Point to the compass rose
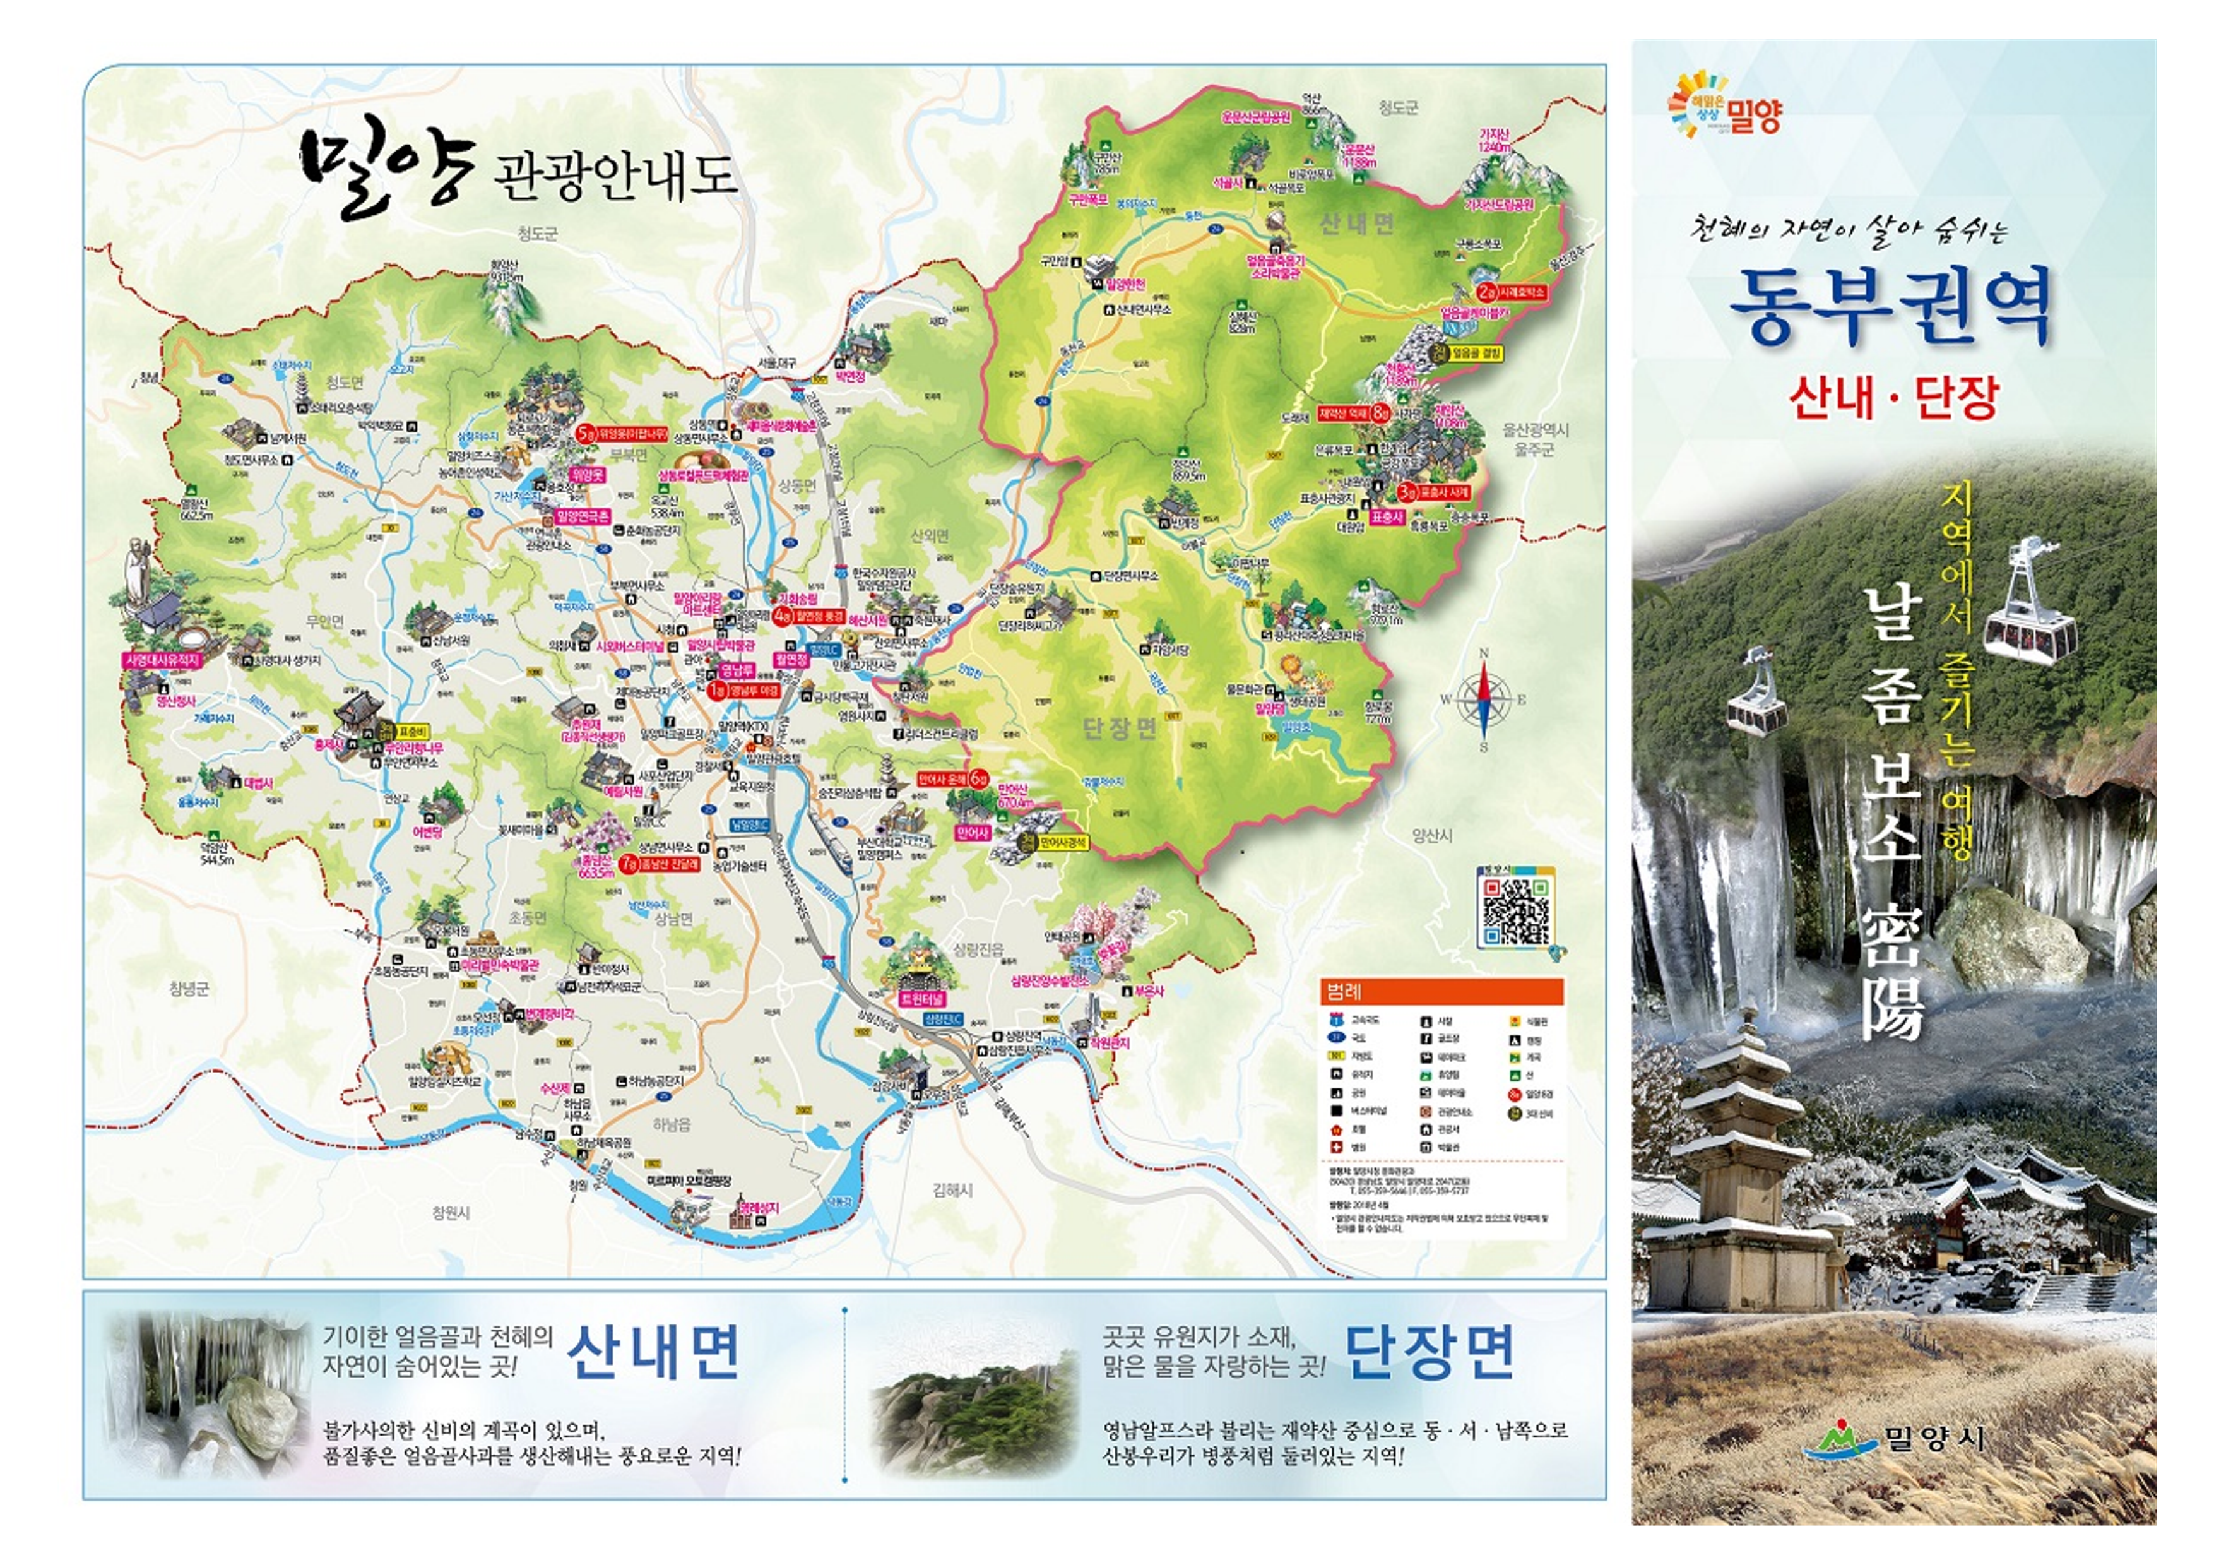(1483, 699)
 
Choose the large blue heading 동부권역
(1892, 307)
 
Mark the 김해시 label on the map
(953, 1190)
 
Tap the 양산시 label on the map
(1432, 836)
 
